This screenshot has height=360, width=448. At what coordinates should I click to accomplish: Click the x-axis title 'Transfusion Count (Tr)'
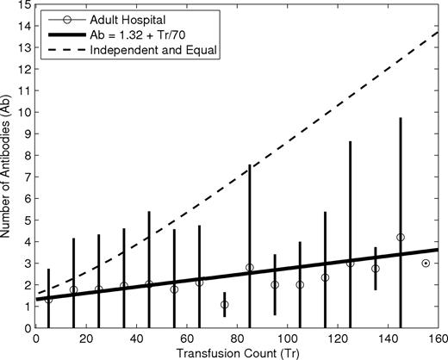click(237, 352)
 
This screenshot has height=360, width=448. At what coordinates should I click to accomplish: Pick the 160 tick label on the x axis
click(437, 338)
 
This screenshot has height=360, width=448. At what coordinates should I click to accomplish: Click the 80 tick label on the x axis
click(237, 338)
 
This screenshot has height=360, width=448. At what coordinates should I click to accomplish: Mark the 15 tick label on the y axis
click(25, 5)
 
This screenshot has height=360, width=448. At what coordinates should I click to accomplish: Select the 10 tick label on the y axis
click(25, 113)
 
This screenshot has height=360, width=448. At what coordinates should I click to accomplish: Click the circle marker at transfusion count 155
click(426, 264)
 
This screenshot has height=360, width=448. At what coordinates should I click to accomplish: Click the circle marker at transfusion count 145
click(400, 238)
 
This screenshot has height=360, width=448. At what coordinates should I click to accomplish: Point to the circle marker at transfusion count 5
click(48, 299)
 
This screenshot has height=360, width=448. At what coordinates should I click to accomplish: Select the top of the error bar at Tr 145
click(400, 118)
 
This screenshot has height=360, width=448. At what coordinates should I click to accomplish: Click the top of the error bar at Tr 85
click(250, 164)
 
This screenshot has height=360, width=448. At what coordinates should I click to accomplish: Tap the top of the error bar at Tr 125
click(350, 141)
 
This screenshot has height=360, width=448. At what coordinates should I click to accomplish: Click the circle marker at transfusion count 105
click(300, 285)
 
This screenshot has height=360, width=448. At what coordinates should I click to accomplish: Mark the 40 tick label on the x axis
click(137, 338)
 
